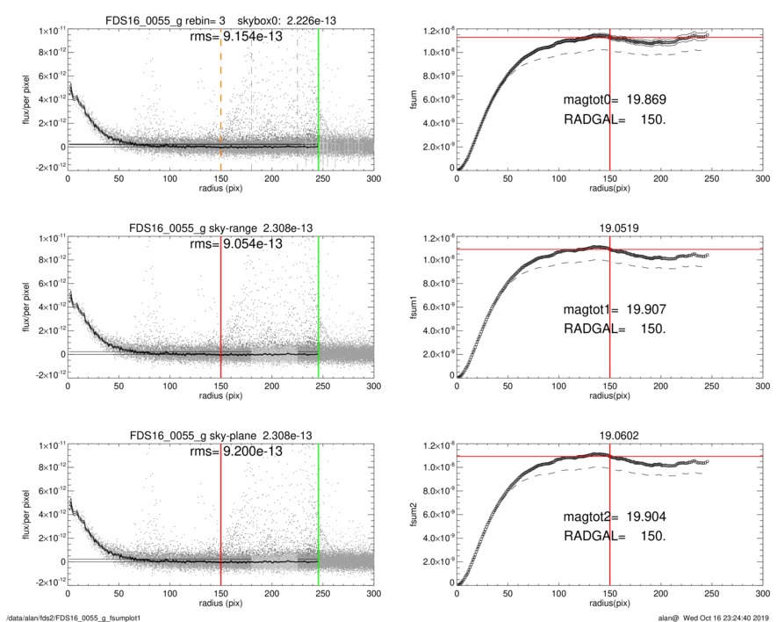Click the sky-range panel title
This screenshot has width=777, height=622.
point(220,228)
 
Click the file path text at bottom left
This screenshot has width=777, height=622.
point(67,618)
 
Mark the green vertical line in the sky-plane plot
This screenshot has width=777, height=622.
point(319,510)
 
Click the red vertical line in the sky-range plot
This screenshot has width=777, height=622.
point(220,299)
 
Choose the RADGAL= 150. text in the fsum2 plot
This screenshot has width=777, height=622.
point(615,536)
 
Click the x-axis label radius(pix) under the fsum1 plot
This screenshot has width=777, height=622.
point(609,395)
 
